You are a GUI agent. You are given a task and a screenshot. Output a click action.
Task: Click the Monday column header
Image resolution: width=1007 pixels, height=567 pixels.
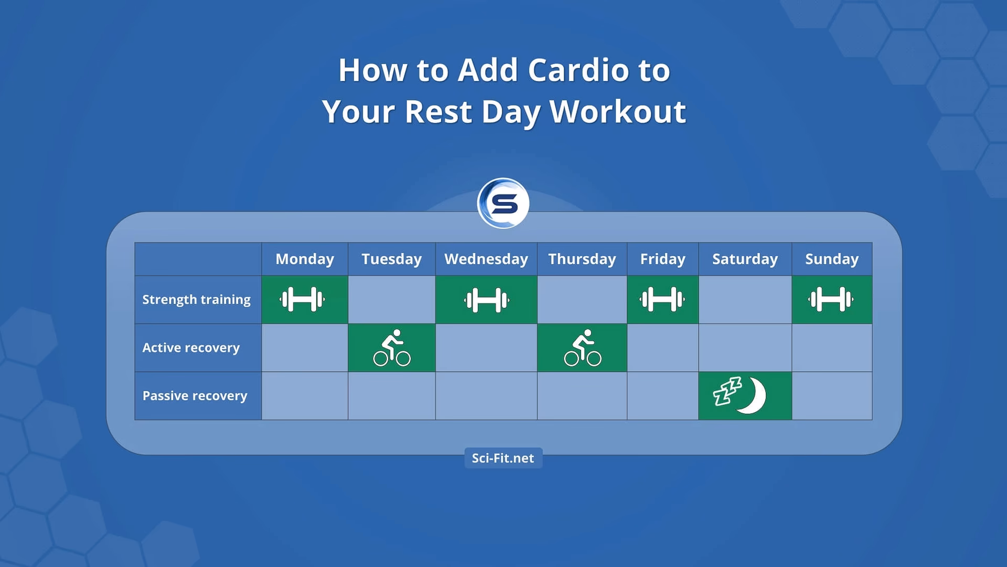(x=305, y=259)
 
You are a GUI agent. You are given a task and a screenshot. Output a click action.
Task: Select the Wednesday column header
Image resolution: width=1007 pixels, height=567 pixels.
(x=486, y=259)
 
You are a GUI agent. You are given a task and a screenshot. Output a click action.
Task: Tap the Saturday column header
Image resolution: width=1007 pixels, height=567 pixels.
(x=745, y=259)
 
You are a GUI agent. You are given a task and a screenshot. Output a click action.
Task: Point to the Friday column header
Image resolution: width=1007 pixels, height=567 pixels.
(x=662, y=259)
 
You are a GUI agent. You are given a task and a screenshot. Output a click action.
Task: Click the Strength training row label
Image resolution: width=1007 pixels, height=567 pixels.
(x=197, y=299)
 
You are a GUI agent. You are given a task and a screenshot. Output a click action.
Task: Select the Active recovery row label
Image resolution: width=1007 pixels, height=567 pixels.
(x=191, y=348)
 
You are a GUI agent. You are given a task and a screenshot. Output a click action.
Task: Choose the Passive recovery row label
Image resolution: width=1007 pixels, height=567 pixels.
(x=195, y=396)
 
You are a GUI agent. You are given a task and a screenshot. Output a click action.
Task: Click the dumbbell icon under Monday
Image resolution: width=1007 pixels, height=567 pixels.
(x=302, y=300)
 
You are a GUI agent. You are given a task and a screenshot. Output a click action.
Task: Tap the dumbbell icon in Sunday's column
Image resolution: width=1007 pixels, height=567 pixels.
(x=831, y=300)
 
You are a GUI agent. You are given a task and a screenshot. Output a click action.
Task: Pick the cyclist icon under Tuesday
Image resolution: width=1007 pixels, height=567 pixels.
(x=392, y=348)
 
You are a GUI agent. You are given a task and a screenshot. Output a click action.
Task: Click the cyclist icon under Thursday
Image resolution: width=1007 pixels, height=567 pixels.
(x=582, y=348)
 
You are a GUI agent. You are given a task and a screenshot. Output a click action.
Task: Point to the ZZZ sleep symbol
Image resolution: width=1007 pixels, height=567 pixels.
(x=727, y=391)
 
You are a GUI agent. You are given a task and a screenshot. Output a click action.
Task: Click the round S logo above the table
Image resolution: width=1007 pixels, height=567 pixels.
(x=504, y=203)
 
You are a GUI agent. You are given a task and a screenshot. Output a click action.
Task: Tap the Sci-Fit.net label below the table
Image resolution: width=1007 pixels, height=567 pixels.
(x=503, y=458)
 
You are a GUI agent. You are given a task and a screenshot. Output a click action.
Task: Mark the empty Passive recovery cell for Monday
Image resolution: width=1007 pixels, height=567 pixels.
(x=305, y=396)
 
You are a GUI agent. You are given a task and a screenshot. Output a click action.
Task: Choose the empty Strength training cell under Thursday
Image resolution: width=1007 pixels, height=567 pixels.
(x=582, y=300)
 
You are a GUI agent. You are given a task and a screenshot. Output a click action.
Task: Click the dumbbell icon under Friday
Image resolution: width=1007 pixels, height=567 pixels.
(x=662, y=300)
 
